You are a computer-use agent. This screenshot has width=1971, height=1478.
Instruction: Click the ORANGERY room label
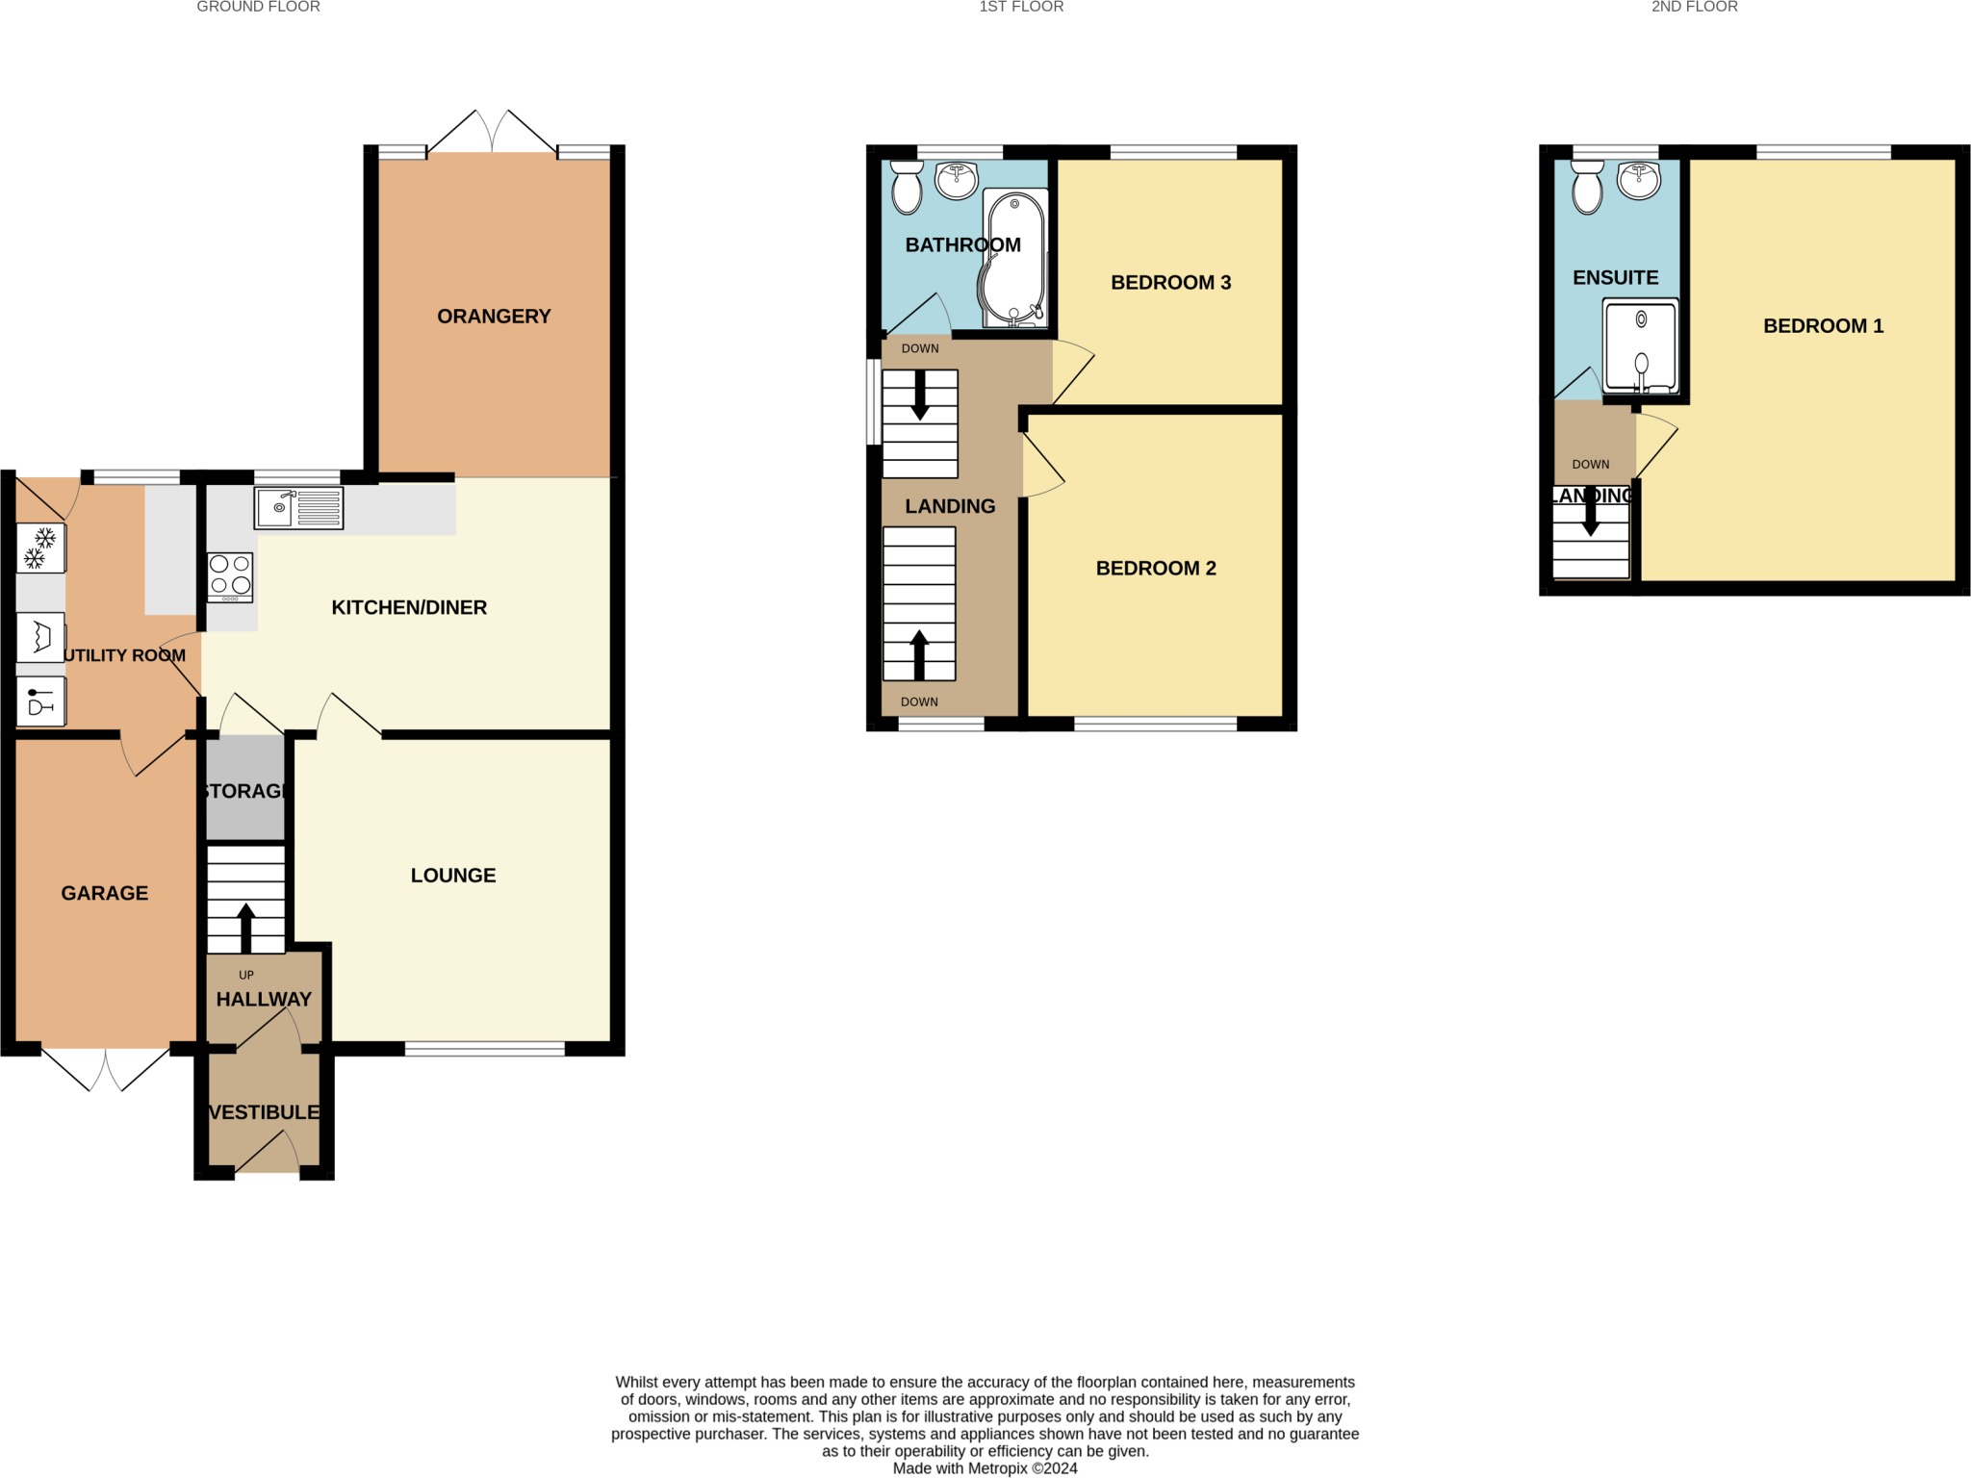(x=494, y=317)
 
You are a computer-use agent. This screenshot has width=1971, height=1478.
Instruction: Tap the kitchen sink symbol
(x=298, y=508)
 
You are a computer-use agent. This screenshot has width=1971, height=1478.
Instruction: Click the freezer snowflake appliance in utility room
(x=40, y=548)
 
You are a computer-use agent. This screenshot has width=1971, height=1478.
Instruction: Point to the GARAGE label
(x=104, y=893)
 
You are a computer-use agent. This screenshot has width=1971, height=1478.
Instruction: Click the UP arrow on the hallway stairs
(x=246, y=926)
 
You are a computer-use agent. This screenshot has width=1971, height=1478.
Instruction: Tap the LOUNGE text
(x=453, y=876)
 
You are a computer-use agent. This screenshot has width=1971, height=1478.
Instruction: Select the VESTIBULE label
(x=264, y=1112)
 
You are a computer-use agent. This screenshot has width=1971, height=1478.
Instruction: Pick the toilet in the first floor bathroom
(x=907, y=187)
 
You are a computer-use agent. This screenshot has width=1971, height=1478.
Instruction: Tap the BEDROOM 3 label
(x=1170, y=283)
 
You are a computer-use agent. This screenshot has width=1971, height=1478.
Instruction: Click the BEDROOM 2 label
(x=1156, y=569)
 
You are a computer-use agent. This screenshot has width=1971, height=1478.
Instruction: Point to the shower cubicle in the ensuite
(x=1640, y=346)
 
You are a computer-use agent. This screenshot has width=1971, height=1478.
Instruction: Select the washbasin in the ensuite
(x=1639, y=180)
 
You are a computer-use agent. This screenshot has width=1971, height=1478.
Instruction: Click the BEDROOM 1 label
(x=1823, y=326)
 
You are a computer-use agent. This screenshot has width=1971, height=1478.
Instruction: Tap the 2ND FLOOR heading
(x=1694, y=8)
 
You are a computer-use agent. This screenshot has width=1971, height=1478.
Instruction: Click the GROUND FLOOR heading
(x=258, y=8)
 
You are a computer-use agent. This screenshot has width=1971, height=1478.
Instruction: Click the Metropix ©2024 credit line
(x=985, y=1468)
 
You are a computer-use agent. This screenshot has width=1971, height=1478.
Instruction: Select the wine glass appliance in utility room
(x=40, y=701)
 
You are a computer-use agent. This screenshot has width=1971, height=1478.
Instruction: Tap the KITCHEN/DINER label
(x=409, y=608)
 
